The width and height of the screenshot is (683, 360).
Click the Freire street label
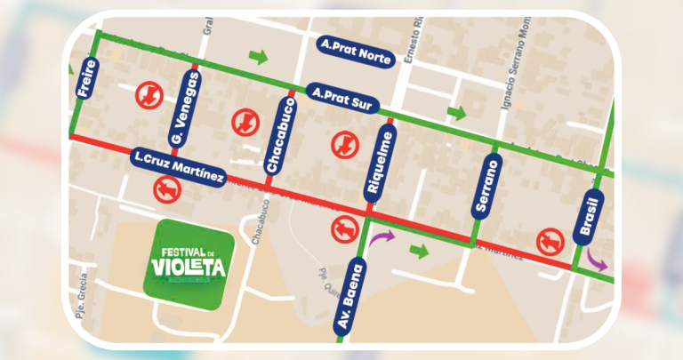87,77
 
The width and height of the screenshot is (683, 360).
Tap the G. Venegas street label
182,108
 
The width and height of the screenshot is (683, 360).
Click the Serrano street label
486,185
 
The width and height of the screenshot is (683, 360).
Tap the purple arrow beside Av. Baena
384,238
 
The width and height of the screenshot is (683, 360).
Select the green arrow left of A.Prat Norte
258,58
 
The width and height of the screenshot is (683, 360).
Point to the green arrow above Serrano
456,113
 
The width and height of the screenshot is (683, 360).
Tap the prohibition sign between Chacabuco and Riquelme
341,140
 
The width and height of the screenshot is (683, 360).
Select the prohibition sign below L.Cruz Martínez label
165,189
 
